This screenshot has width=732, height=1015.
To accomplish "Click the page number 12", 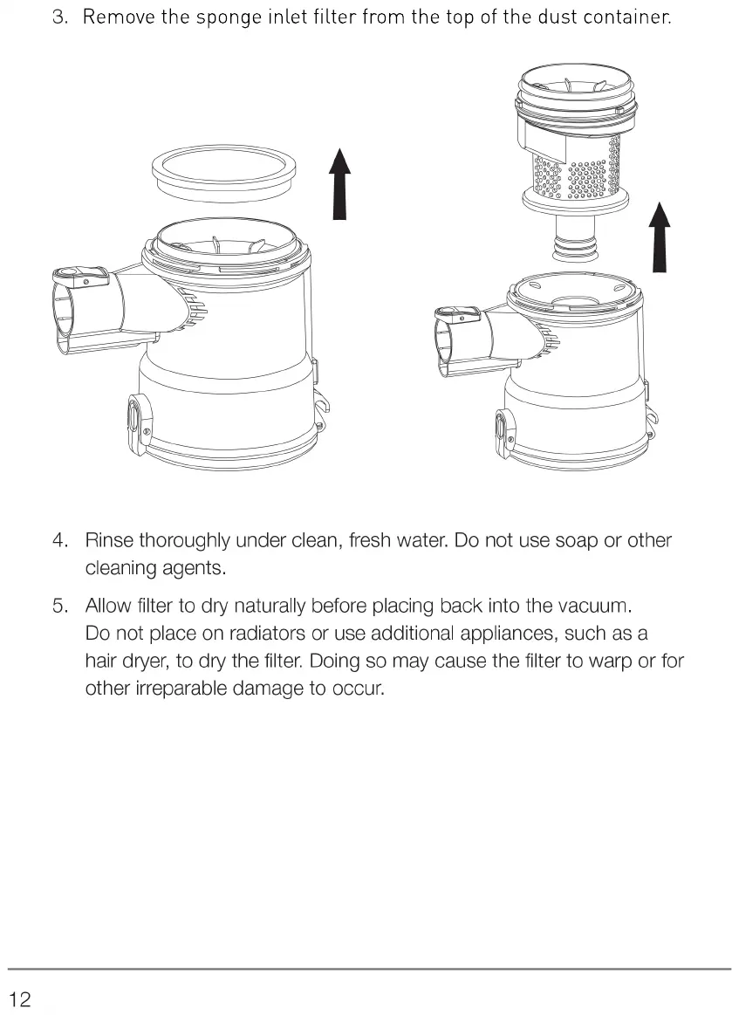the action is pyautogui.click(x=21, y=998).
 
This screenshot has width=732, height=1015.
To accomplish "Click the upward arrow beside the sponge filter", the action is pyautogui.click(x=339, y=184).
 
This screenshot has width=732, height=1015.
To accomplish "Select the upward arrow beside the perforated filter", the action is pyautogui.click(x=659, y=237).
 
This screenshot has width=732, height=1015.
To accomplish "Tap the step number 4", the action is pyautogui.click(x=59, y=540).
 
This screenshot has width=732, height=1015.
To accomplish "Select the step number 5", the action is pyautogui.click(x=59, y=606).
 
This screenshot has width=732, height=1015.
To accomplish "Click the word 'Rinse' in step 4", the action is pyautogui.click(x=109, y=540).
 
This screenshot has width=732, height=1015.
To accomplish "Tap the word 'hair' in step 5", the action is pyautogui.click(x=100, y=661).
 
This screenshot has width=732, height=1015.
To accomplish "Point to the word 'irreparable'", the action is pyautogui.click(x=181, y=689).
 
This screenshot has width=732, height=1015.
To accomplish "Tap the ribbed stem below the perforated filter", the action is pyautogui.click(x=576, y=237).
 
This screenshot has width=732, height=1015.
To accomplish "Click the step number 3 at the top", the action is pyautogui.click(x=59, y=17).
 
